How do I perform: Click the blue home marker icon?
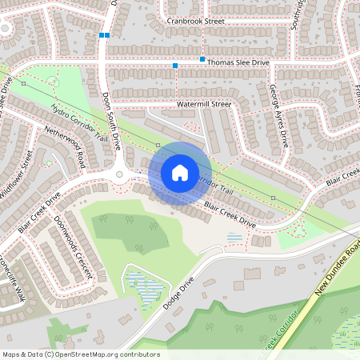[x=180, y=173]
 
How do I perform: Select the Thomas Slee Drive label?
[x=240, y=62]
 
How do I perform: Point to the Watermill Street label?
[x=203, y=104]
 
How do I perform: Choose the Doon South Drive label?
[x=111, y=121]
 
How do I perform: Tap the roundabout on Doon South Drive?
[x=119, y=174]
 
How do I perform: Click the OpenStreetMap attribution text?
[x=80, y=354]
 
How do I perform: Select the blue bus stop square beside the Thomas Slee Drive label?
[x=202, y=60]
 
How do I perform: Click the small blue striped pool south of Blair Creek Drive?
[x=234, y=238]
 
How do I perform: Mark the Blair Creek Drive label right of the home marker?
[x=230, y=215]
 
